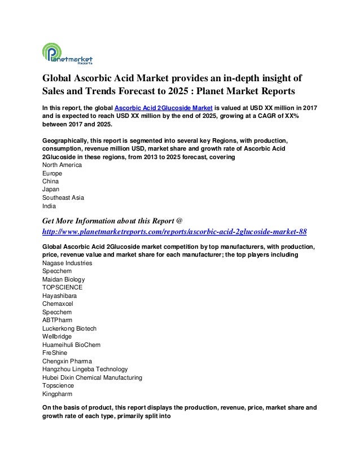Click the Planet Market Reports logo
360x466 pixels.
click(67, 55)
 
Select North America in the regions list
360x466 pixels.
click(63, 165)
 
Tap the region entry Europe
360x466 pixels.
click(52, 173)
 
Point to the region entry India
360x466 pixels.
click(50, 206)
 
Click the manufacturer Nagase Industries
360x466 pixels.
click(67, 263)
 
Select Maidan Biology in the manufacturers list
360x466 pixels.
click(64, 279)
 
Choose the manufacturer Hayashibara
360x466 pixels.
click(60, 296)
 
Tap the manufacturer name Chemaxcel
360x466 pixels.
click(59, 304)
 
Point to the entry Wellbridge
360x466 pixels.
click(58, 336)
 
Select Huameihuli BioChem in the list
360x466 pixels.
click(71, 345)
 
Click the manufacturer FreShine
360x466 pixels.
click(55, 353)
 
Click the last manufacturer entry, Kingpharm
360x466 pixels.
click(58, 394)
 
